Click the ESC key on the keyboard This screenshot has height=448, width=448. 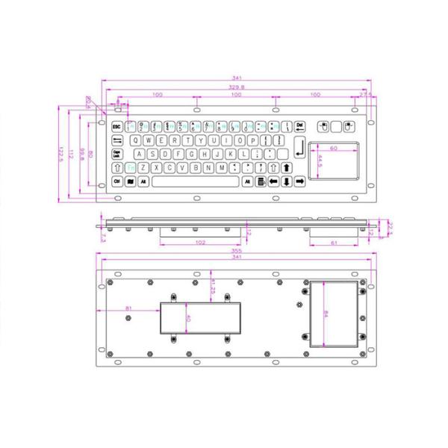tap(116, 126)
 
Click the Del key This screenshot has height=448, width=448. tap(299, 125)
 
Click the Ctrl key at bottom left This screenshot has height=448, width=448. tap(117, 181)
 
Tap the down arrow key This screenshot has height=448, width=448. tap(287, 181)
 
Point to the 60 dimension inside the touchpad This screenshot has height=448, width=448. tap(334, 148)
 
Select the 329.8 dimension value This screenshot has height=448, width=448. tap(236, 87)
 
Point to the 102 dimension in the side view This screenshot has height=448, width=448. tap(200, 243)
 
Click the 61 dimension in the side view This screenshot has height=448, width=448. tap(334, 243)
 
